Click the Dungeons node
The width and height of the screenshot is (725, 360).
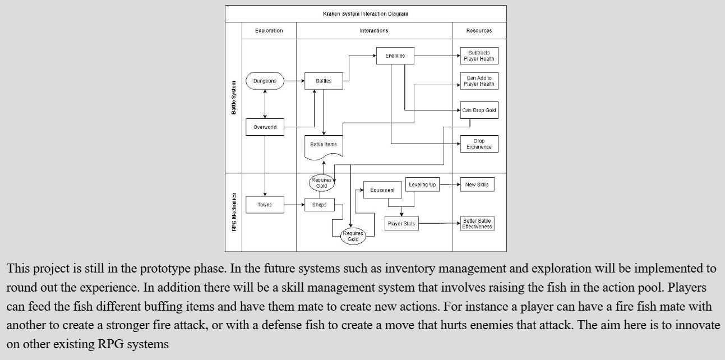265,81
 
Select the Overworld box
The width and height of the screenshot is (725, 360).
265,127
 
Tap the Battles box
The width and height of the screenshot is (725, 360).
324,81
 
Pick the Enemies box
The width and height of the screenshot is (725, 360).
395,56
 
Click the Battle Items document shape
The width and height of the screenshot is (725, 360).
324,145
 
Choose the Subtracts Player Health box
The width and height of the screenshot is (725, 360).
479,56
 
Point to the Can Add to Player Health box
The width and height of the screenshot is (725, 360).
479,81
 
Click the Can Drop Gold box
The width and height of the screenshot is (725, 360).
479,110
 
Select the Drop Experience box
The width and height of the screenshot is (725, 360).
479,144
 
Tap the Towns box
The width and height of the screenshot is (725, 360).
265,205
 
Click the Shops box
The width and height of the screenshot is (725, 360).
319,205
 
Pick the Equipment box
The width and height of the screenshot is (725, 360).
382,190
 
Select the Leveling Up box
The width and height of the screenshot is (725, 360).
422,184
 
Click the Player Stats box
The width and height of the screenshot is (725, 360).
401,224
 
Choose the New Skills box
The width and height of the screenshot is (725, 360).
477,184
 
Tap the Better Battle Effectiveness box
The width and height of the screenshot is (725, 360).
477,224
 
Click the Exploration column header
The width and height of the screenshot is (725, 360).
269,31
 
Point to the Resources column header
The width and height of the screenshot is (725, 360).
479,31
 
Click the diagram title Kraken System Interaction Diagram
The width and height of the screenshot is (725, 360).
366,13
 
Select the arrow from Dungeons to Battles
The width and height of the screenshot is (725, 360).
294,81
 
